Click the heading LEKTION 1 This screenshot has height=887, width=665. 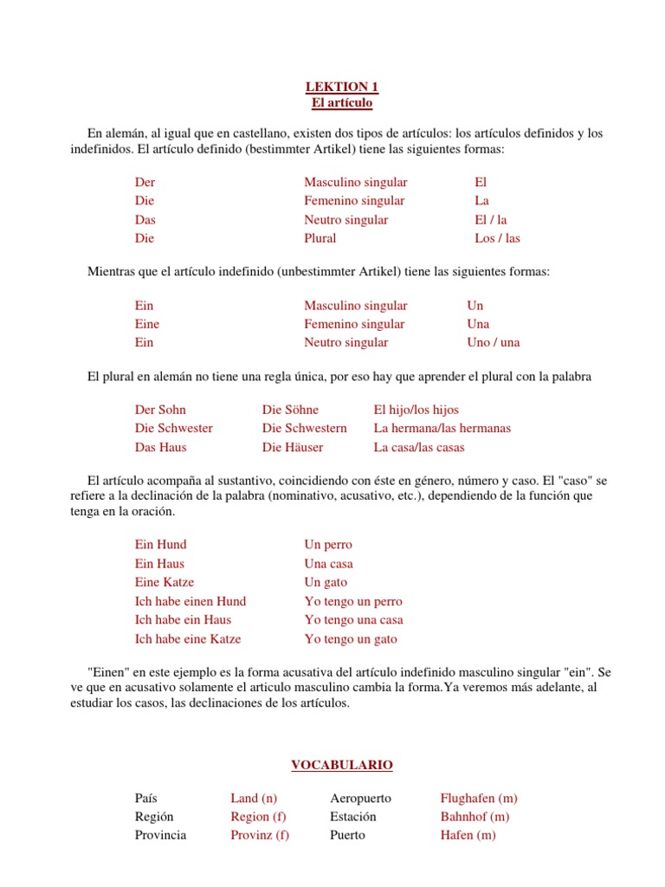pyautogui.click(x=341, y=87)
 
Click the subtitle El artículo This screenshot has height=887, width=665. pyautogui.click(x=341, y=103)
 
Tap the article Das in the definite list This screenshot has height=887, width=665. pyautogui.click(x=145, y=220)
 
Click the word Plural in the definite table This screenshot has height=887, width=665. pyautogui.click(x=320, y=238)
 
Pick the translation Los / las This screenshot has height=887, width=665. pyautogui.click(x=497, y=238)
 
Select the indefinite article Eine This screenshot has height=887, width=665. pyautogui.click(x=147, y=324)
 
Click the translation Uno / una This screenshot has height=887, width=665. pyautogui.click(x=493, y=342)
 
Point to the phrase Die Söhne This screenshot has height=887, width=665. pyautogui.click(x=290, y=410)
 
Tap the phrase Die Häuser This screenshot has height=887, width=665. pyautogui.click(x=293, y=448)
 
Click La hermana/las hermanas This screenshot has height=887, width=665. pyautogui.click(x=442, y=429)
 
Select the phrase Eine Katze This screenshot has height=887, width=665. pyautogui.click(x=165, y=582)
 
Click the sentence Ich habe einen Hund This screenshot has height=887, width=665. pyautogui.click(x=190, y=601)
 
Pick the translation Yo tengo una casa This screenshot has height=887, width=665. pyautogui.click(x=353, y=620)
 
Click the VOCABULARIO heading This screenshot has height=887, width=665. pyautogui.click(x=341, y=765)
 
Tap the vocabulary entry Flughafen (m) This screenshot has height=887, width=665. pyautogui.click(x=479, y=798)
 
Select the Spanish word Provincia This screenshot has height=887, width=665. pyautogui.click(x=160, y=835)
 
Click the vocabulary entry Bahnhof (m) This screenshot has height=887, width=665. pyautogui.click(x=475, y=817)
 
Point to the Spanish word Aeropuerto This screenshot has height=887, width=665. pyautogui.click(x=360, y=798)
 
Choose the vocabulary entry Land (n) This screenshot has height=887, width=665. pyautogui.click(x=254, y=798)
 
